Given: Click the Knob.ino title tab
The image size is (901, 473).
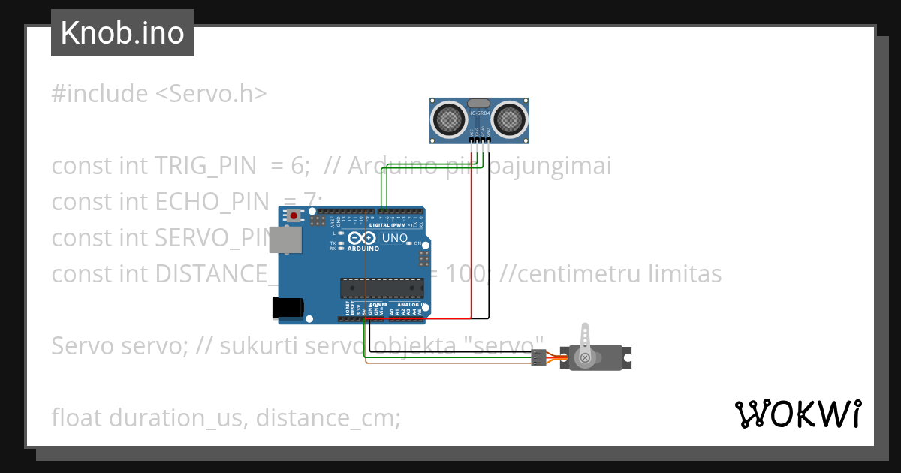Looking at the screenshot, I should [122, 33].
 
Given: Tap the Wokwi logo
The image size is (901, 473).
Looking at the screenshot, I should [797, 414].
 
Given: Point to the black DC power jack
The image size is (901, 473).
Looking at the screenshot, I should [287, 306].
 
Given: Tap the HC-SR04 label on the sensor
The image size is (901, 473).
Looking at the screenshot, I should [479, 113].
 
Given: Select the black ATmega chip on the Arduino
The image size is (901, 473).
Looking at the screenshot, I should [378, 287].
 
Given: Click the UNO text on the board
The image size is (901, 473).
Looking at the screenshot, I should [395, 238].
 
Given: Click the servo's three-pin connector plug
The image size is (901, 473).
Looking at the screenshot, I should [538, 357].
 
